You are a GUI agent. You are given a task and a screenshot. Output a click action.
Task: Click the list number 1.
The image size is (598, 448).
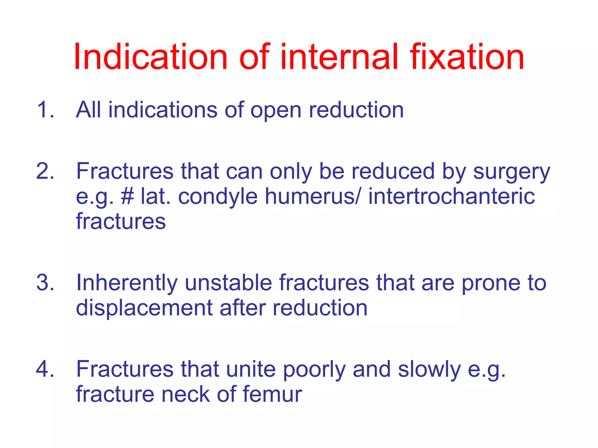[45, 110]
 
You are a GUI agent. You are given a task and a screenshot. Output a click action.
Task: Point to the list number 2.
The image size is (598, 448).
[45, 171]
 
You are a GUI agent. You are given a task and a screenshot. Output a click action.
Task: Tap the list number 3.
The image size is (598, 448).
[45, 283]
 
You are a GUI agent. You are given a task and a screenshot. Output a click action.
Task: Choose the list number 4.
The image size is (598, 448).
[45, 369]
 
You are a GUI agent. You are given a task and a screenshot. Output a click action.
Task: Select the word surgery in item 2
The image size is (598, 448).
[511, 172]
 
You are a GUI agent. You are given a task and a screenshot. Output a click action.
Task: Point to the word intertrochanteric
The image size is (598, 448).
[451, 196]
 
